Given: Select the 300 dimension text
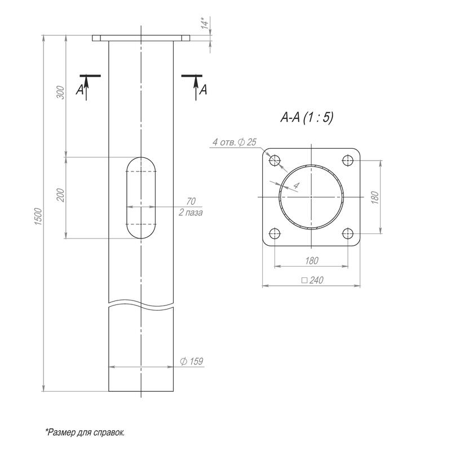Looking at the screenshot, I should [x=61, y=92].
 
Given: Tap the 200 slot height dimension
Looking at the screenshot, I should [x=61, y=195].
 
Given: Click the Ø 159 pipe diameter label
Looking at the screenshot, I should [x=191, y=361].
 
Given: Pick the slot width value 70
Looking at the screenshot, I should [x=190, y=201].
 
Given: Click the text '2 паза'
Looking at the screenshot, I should [x=190, y=213].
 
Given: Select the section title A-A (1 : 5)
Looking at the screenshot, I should [x=307, y=118].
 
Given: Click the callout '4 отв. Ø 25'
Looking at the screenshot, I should [x=234, y=142].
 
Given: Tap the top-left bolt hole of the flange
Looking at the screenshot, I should [x=275, y=160].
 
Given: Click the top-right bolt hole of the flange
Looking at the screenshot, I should [x=348, y=160].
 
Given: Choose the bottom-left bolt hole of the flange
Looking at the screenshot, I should [x=275, y=233].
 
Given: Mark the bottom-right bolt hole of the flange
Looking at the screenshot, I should [x=348, y=233].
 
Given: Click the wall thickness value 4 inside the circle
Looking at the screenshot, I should [x=297, y=185].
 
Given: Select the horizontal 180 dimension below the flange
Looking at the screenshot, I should [x=311, y=260].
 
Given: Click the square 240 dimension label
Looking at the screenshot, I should [x=312, y=280].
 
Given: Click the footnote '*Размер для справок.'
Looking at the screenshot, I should [x=85, y=432].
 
